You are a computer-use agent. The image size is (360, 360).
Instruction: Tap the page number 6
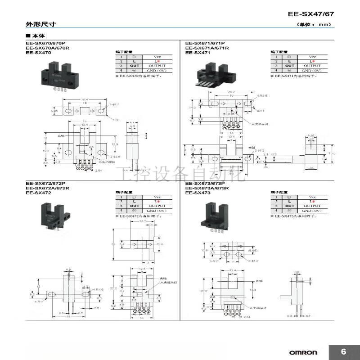point(344,351)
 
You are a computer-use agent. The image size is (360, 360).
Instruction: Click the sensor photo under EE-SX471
point(210,76)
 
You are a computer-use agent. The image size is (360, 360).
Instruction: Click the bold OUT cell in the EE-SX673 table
point(289,206)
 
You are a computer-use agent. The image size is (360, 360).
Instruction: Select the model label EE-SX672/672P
point(45,183)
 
